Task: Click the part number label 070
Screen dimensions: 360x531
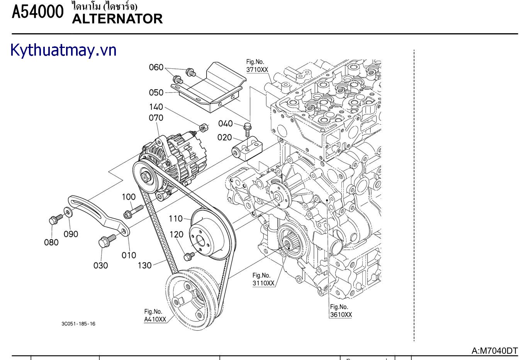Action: (156, 118)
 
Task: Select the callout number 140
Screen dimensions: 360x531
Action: (156, 107)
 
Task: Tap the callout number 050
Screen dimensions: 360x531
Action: (156, 93)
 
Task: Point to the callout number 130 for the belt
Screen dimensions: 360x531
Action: (145, 265)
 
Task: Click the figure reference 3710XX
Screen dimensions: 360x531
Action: (257, 70)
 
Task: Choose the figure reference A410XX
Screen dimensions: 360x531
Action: (155, 319)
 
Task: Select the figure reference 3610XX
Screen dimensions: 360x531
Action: (341, 314)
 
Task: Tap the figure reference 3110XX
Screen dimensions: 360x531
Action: (263, 283)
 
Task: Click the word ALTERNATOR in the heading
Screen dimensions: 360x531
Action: (117, 19)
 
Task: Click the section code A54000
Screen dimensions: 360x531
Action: (37, 12)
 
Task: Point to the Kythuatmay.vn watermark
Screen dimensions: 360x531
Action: (63, 51)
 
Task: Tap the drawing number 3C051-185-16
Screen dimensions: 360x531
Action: (78, 324)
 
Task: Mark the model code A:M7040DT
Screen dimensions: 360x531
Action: (494, 351)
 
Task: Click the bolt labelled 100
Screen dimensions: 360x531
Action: (133, 212)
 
